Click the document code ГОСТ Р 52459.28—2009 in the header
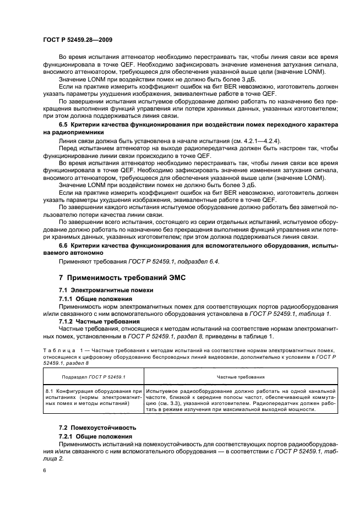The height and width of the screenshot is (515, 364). (78, 41)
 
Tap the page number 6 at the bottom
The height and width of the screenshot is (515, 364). (45, 470)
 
